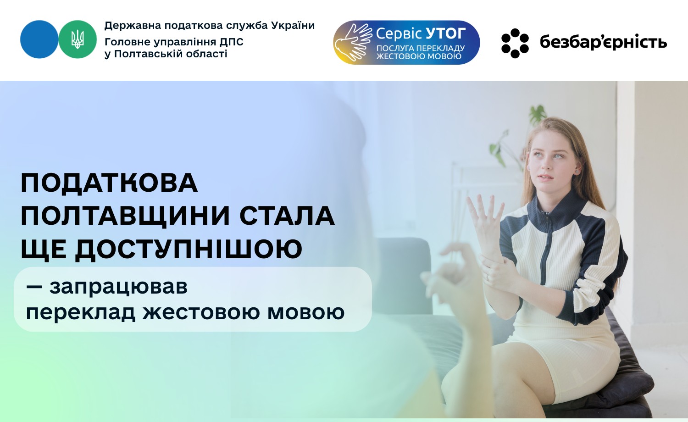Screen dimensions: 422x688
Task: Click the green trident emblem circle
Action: (78, 39)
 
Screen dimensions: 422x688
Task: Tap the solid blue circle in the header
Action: (39, 39)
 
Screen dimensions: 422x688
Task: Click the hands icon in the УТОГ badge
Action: (353, 43)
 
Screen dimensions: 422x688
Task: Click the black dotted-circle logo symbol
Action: (515, 43)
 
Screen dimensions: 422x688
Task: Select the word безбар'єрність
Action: (603, 42)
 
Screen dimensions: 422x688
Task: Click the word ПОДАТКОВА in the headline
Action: (109, 183)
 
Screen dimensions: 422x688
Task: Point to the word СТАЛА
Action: (287, 216)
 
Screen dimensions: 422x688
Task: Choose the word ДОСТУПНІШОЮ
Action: (189, 250)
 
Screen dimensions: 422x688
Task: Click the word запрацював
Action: (118, 287)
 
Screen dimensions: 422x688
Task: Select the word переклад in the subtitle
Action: (80, 312)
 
